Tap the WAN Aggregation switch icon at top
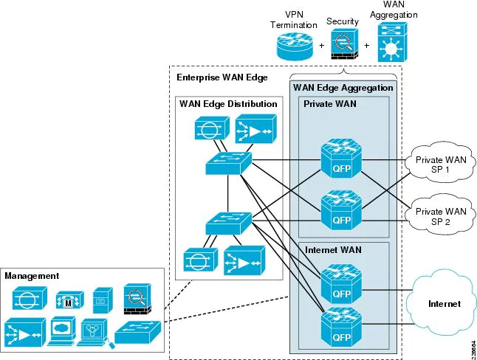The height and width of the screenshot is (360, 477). [x=391, y=41]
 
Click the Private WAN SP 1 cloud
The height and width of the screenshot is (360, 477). [x=440, y=164]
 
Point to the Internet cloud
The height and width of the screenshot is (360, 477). [x=444, y=302]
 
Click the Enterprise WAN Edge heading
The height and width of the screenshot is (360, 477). [x=222, y=77]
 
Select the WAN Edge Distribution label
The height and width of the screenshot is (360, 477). [x=228, y=104]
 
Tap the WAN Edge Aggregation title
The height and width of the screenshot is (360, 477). [x=343, y=88]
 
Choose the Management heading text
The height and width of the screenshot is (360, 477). [x=32, y=276]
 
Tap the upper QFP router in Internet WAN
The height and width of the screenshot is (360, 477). [x=341, y=283]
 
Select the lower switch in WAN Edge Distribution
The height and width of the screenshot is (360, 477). [x=228, y=223]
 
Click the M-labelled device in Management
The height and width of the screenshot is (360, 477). [x=68, y=300]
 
